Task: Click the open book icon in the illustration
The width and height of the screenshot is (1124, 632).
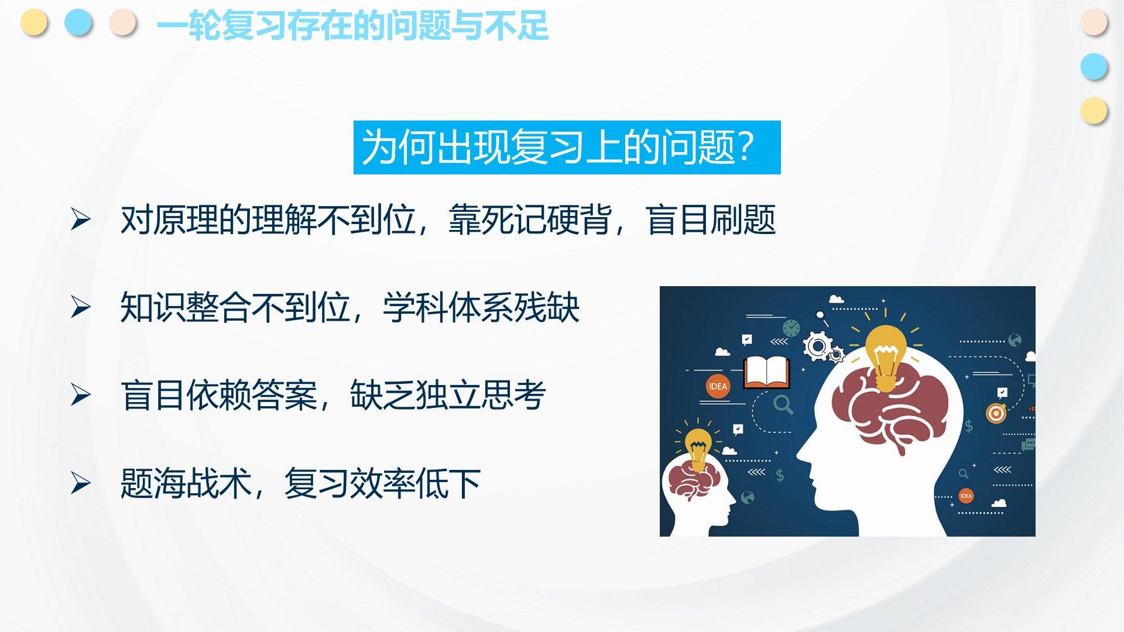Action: (x=766, y=373)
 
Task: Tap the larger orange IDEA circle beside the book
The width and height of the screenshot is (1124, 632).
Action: (x=718, y=386)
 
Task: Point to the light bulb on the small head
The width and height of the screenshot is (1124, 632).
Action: (x=698, y=448)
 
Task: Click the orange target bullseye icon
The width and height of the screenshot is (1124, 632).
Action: (x=995, y=413)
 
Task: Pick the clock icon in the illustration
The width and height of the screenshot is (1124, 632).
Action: (x=791, y=328)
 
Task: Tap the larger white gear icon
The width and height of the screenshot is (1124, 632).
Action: (x=817, y=346)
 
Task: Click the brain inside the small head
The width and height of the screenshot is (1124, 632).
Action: (x=694, y=480)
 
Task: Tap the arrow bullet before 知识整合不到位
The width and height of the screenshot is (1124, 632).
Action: (x=81, y=307)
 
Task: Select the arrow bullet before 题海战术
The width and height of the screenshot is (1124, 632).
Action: (x=81, y=483)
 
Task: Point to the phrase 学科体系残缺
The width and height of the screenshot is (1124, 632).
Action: (x=481, y=308)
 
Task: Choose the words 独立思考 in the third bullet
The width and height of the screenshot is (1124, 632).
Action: (x=481, y=396)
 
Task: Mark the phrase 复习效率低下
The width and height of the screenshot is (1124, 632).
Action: (x=383, y=483)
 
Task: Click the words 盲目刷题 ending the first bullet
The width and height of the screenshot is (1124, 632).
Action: (x=711, y=220)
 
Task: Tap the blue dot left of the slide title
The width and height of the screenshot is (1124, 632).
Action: (x=78, y=23)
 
